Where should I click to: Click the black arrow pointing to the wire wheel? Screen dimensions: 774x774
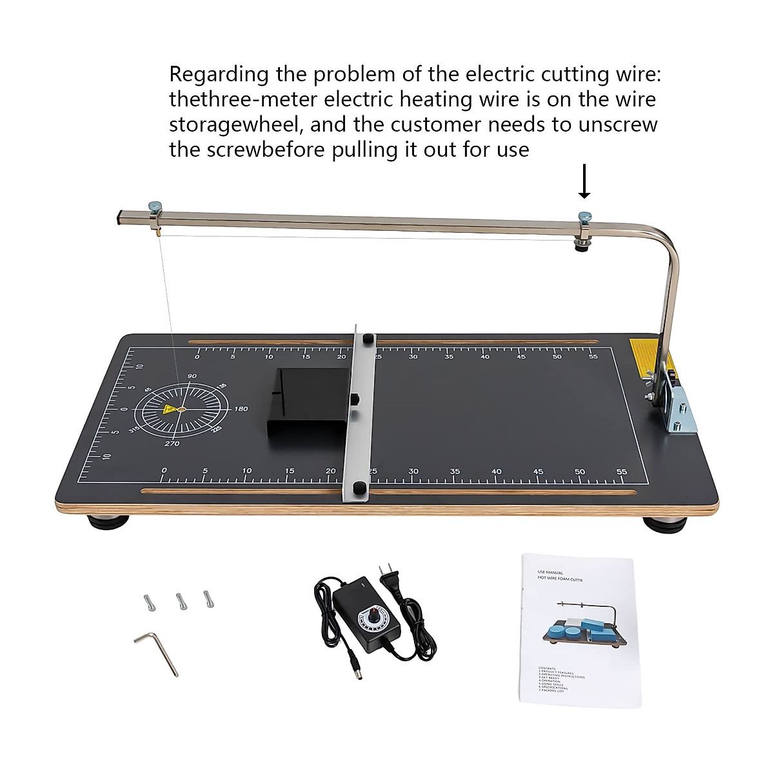pyautogui.click(x=584, y=182)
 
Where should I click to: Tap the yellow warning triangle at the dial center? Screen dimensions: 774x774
pyautogui.click(x=170, y=409)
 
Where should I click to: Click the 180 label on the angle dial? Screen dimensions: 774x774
pyautogui.click(x=241, y=409)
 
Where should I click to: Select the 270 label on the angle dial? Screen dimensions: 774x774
pyautogui.click(x=172, y=444)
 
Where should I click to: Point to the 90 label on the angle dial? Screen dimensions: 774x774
pyautogui.click(x=192, y=376)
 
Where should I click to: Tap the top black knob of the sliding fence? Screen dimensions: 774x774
pyautogui.click(x=368, y=339)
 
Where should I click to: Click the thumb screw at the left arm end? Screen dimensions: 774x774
pyautogui.click(x=155, y=208)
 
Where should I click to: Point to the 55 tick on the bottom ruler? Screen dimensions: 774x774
pyautogui.click(x=621, y=471)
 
